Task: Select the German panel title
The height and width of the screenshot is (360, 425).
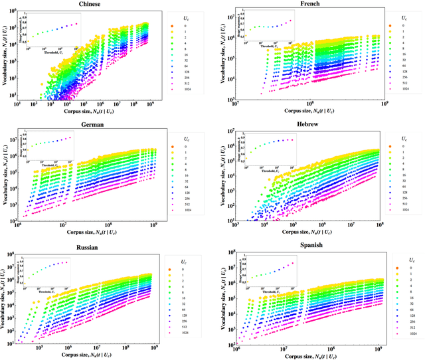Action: [90, 126]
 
